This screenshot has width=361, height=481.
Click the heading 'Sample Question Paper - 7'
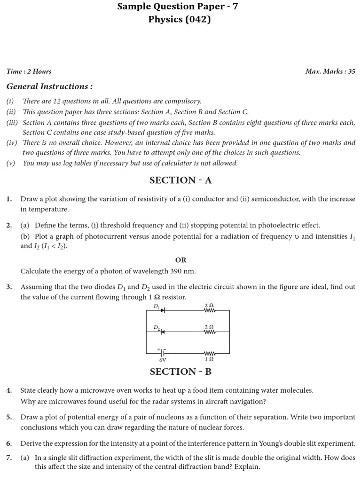(180, 7)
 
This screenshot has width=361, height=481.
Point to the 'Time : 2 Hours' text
(29, 71)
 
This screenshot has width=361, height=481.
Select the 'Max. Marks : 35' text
(330, 71)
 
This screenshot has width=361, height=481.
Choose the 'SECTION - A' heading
(180, 180)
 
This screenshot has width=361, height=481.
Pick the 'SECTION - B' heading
(180, 372)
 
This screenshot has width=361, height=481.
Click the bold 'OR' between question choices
(180, 260)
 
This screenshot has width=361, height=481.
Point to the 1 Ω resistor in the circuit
(209, 353)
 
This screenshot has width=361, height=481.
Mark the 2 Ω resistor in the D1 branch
(209, 310)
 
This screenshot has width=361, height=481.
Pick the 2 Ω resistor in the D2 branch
(209, 331)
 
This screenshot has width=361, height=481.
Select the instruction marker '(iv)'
(11, 143)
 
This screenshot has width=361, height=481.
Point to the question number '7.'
(9, 458)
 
